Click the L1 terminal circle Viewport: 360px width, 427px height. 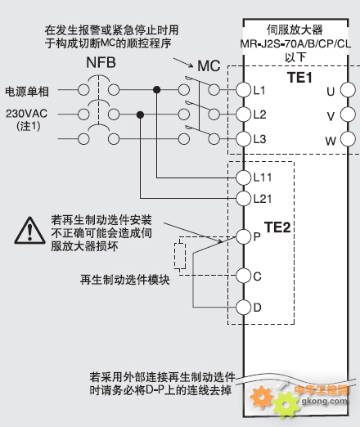point(243,90)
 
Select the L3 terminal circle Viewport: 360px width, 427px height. point(243,139)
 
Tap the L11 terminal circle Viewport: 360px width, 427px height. point(243,178)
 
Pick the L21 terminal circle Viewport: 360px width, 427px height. point(243,198)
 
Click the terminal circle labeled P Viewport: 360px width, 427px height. point(243,236)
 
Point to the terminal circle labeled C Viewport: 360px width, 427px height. point(243,276)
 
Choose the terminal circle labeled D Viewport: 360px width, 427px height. point(243,308)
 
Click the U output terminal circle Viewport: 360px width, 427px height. point(348,90)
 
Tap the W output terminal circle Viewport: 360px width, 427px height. point(348,139)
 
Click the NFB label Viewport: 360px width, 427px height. point(101,63)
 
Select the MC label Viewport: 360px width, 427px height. point(209,66)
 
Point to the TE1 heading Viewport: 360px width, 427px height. point(299,78)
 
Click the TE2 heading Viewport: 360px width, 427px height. point(277,227)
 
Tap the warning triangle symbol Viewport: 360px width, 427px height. point(30,231)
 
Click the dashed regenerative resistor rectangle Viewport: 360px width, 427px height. point(180,256)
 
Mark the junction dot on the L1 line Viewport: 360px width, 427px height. point(156,90)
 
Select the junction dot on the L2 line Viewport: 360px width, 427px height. point(140,115)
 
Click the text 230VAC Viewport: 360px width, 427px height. point(27,114)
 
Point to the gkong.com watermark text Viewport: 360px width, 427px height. point(325,401)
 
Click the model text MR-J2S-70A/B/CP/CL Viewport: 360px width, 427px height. point(295,44)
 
